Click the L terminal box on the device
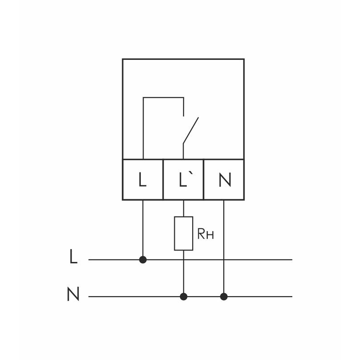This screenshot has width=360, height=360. click(143, 179)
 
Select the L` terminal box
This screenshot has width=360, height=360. click(184, 179)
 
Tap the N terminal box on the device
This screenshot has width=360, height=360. click(224, 179)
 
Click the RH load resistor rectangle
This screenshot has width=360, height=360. click(184, 233)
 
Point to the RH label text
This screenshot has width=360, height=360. click(205, 234)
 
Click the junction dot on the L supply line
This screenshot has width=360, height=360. click(143, 260)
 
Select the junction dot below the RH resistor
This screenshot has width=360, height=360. click(184, 297)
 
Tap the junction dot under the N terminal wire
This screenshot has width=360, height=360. click(224, 297)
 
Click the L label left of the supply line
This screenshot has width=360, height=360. click(74, 257)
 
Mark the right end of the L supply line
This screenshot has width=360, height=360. click(291, 260)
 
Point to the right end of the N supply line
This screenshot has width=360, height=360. click(291, 297)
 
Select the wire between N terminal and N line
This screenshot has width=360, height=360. click(224, 247)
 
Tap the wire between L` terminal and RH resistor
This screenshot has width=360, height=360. click(184, 208)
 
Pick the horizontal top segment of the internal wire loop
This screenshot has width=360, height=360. click(163, 98)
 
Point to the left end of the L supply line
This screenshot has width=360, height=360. click(90, 260)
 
